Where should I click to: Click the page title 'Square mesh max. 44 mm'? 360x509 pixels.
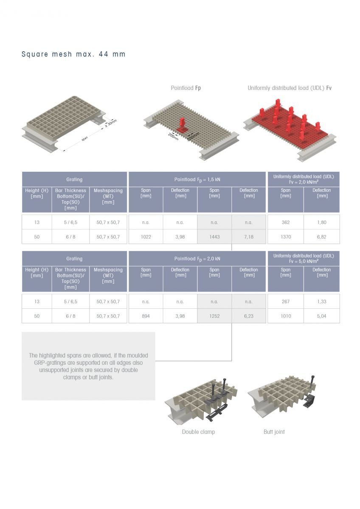(73, 54)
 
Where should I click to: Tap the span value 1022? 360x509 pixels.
(146, 237)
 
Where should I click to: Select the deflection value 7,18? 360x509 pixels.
(249, 237)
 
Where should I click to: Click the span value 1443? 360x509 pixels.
(214, 237)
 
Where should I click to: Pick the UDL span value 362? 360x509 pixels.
(286, 222)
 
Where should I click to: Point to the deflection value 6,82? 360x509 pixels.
(321, 237)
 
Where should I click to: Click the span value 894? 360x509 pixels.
(146, 316)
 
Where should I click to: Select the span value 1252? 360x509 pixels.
(214, 316)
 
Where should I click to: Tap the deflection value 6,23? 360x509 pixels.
(249, 316)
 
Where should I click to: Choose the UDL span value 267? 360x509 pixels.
(286, 302)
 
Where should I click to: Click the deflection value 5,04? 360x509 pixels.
(321, 316)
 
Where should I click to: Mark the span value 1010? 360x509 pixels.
(286, 316)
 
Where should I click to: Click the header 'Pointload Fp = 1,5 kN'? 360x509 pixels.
(197, 180)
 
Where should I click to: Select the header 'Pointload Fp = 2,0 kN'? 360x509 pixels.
(197, 259)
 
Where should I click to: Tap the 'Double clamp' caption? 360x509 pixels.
(198, 432)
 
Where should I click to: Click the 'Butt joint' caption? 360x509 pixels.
(274, 432)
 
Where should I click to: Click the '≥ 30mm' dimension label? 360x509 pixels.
(111, 123)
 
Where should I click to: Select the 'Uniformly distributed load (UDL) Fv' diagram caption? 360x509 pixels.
(290, 88)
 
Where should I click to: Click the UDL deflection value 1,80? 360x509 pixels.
(321, 222)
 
